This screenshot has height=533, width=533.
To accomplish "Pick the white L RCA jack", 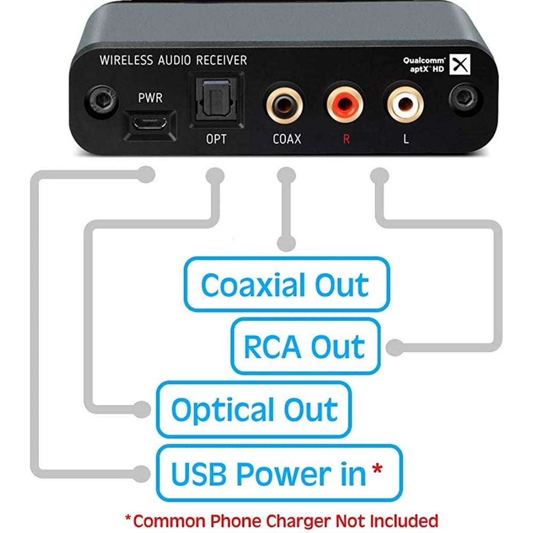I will point(406,102).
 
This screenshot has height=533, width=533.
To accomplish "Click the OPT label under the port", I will point(216,140).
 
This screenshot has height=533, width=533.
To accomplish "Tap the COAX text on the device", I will point(287,140).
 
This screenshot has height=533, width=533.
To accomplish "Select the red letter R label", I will point(346,140).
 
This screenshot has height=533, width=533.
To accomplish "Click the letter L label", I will point(406,140).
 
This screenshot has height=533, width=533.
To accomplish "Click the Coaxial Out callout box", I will point(286,285).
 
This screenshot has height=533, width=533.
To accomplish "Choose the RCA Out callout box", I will point(305,346).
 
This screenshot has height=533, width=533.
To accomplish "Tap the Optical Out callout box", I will point(254,409).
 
